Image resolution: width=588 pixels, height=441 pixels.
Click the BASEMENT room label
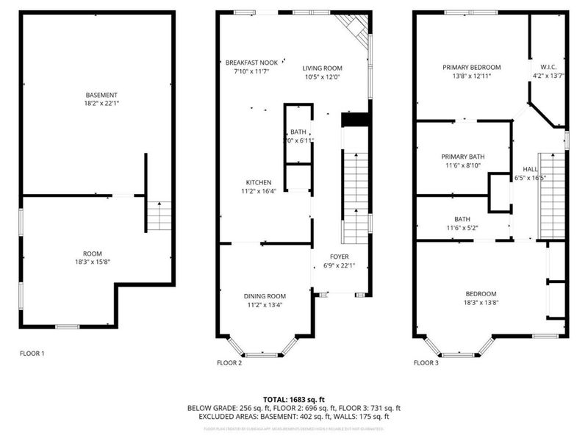pyautogui.click(x=101, y=95)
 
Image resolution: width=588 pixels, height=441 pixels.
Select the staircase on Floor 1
pyautogui.click(x=159, y=215)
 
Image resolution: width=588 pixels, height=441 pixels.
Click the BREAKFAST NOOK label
pyautogui.click(x=251, y=63)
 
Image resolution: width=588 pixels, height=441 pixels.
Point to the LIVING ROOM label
pyautogui.click(x=323, y=68)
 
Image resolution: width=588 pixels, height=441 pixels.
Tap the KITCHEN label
pyautogui.click(x=259, y=182)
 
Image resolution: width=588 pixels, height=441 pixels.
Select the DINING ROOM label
pyautogui.click(x=265, y=296)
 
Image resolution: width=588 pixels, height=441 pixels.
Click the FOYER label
pyautogui.click(x=339, y=257)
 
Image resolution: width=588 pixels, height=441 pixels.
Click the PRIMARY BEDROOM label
pyautogui.click(x=471, y=68)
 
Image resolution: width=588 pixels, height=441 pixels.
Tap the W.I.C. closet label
pyautogui.click(x=548, y=63)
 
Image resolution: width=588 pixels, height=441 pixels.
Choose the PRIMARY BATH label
pyautogui.click(x=463, y=157)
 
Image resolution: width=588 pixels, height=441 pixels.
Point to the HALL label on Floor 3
pyautogui.click(x=530, y=168)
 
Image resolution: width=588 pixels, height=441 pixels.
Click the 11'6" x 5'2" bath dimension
pyautogui.click(x=462, y=227)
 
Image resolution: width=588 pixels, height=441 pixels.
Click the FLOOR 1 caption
pyautogui.click(x=32, y=354)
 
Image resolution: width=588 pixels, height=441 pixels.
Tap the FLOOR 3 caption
pyautogui.click(x=426, y=362)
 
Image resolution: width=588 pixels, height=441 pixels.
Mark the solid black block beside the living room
pyautogui.click(x=354, y=120)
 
